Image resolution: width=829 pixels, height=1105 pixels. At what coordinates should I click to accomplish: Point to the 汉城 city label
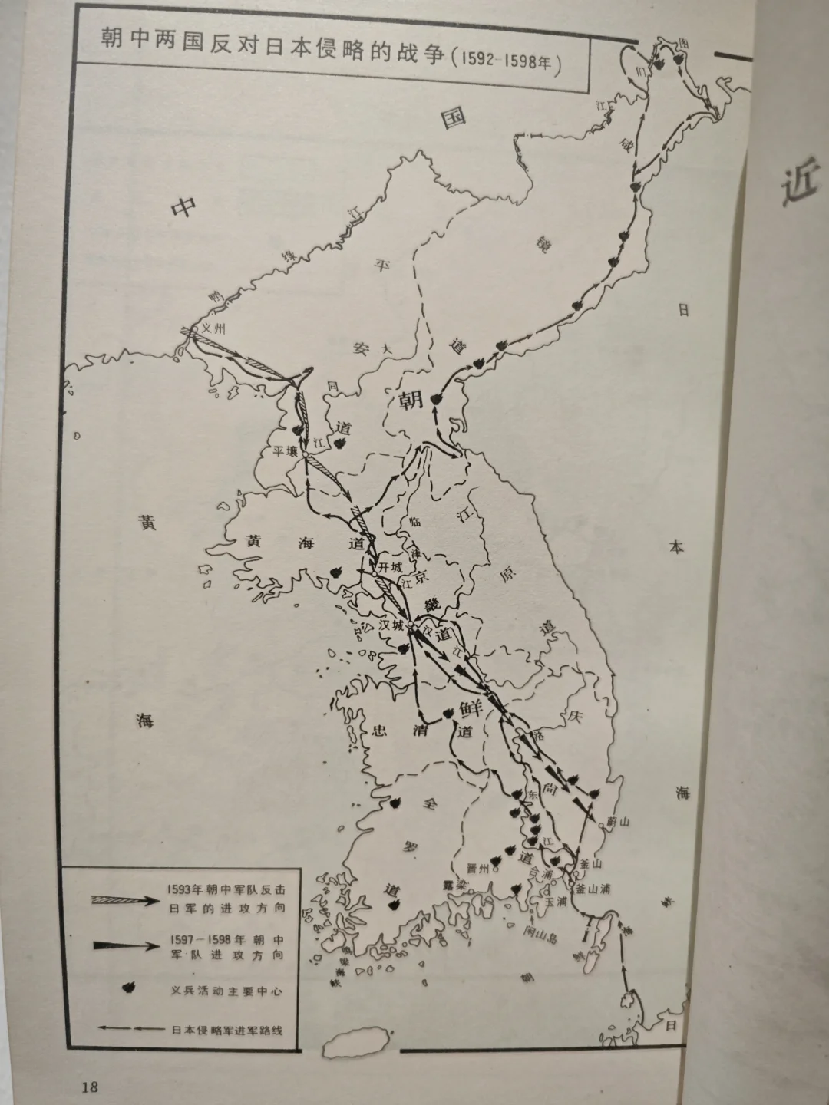[391, 625]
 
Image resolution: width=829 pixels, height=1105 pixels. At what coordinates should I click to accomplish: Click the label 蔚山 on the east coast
[618, 821]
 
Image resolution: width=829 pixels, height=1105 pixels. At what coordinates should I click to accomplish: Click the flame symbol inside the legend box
[121, 990]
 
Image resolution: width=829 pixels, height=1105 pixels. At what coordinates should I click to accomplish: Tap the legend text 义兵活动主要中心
[226, 991]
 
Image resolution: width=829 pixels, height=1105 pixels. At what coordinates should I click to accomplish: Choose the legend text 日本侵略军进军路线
[226, 1030]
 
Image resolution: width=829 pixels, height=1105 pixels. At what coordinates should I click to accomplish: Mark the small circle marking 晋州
[497, 870]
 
